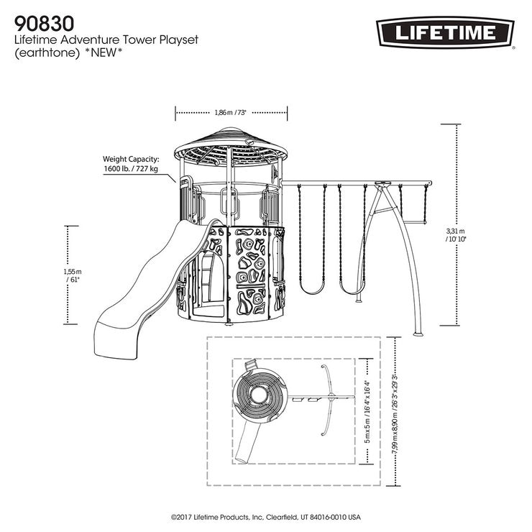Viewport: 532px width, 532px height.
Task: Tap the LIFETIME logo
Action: click(445, 32)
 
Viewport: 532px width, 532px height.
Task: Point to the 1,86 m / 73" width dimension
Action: click(231, 112)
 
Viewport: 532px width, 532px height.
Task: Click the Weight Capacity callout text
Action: click(131, 164)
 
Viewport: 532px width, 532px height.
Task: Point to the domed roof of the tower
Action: click(231, 144)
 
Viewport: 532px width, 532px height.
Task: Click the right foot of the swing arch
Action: click(417, 334)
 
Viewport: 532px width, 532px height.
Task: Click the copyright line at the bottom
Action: click(265, 517)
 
